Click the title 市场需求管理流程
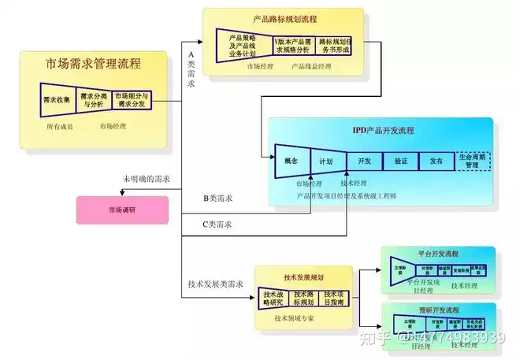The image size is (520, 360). (x=94, y=64)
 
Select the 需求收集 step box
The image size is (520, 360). (x=57, y=100)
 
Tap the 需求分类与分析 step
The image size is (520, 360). (x=92, y=100)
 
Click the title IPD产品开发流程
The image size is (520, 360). (x=383, y=131)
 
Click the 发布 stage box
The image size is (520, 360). (x=436, y=160)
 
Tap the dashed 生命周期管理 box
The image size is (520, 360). (x=473, y=161)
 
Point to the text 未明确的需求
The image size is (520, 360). (x=147, y=180)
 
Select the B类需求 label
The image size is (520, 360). (x=217, y=198)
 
